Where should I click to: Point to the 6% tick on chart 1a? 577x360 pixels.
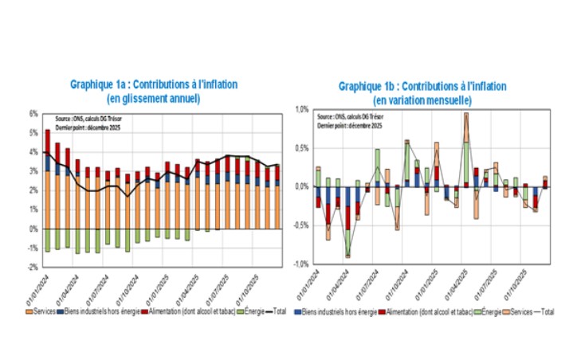[33, 113]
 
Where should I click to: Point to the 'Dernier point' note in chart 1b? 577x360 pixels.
[350, 126]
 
